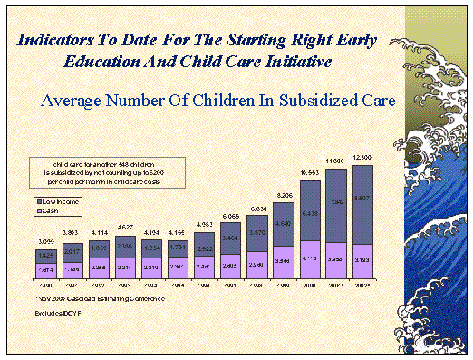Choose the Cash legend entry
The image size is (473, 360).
[49, 210]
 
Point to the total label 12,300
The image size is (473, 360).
[362, 160]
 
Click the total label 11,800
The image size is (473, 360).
[336, 161]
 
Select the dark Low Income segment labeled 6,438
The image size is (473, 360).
[310, 213]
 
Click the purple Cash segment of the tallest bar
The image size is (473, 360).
[362, 259]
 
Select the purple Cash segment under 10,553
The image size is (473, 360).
[310, 258]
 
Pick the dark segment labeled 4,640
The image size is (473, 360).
[284, 224]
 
